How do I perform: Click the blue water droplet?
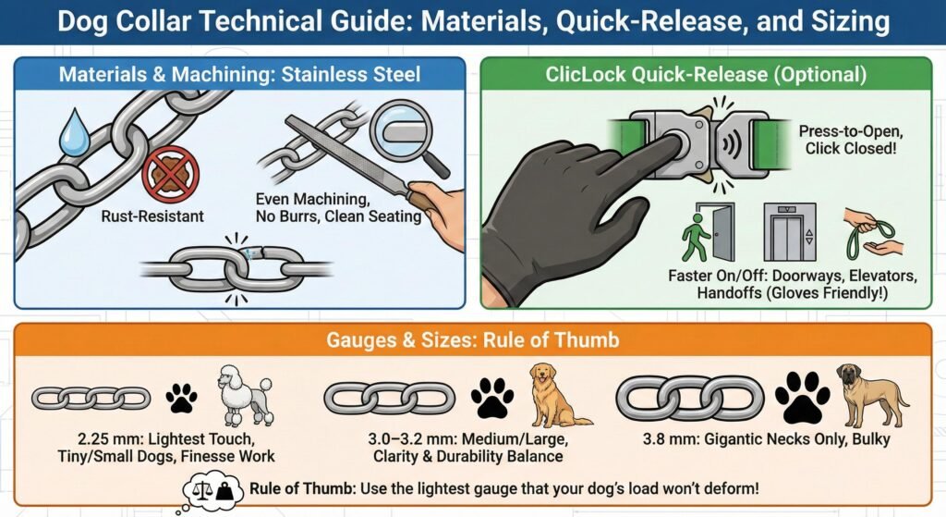(74, 134)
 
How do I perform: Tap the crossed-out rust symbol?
(171, 175)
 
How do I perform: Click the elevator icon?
(789, 232)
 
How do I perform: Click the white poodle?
(244, 395)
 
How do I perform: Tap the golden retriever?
(555, 395)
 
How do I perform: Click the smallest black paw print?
(181, 398)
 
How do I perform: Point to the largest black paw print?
(803, 397)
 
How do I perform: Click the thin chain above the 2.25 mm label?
(91, 398)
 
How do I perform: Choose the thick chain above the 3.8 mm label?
(689, 398)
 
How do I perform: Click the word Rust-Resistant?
(152, 216)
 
